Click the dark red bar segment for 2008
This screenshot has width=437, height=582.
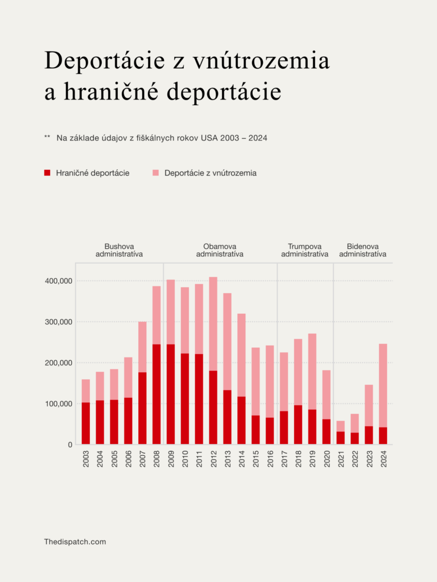pos(156,394)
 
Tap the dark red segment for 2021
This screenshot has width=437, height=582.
pos(341,438)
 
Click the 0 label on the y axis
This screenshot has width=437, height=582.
pos(69,445)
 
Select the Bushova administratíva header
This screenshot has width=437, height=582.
pos(119,250)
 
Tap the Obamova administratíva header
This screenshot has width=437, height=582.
pos(220,250)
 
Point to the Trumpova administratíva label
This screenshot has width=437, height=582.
pos(304,250)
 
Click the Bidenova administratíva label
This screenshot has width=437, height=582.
pos(362,250)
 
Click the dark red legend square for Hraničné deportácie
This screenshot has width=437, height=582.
pos(48,173)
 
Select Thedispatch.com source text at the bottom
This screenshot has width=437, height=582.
pos(75,542)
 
